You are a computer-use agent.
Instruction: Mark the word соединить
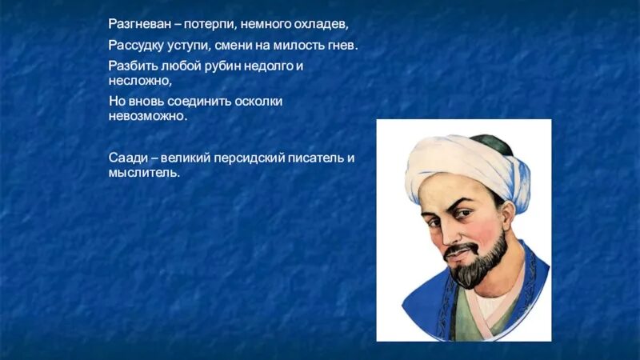(x=200, y=102)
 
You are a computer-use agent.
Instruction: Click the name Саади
(x=125, y=158)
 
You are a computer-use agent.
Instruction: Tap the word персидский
(x=251, y=158)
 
